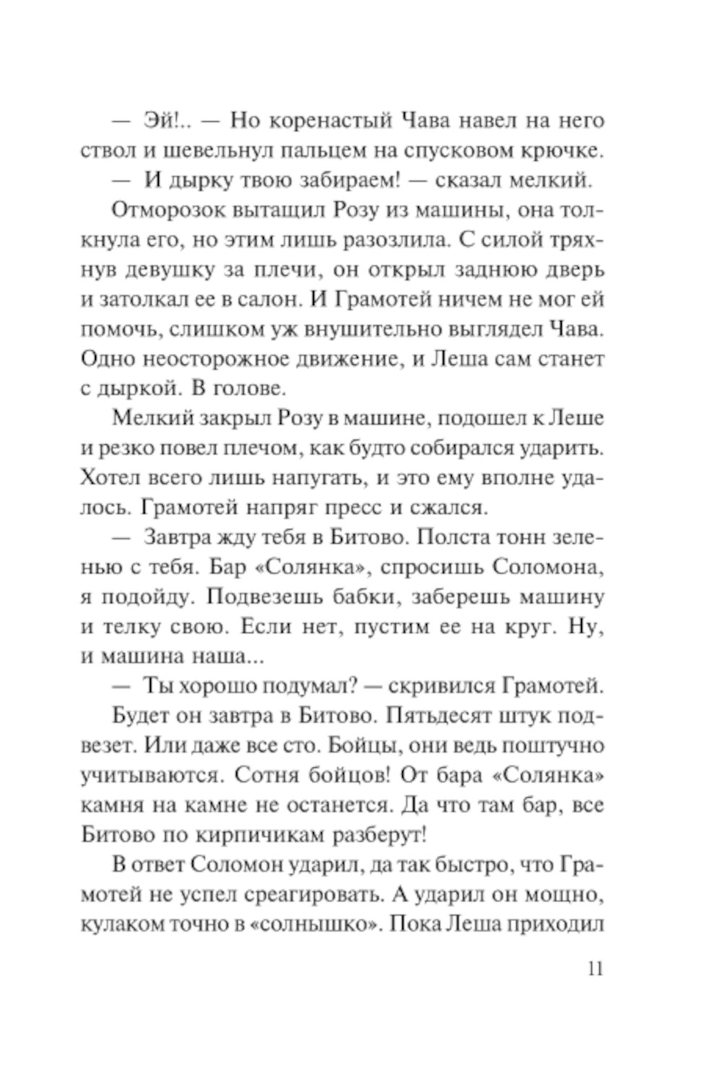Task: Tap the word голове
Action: [x=249, y=389]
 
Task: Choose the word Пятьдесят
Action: [x=440, y=715]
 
